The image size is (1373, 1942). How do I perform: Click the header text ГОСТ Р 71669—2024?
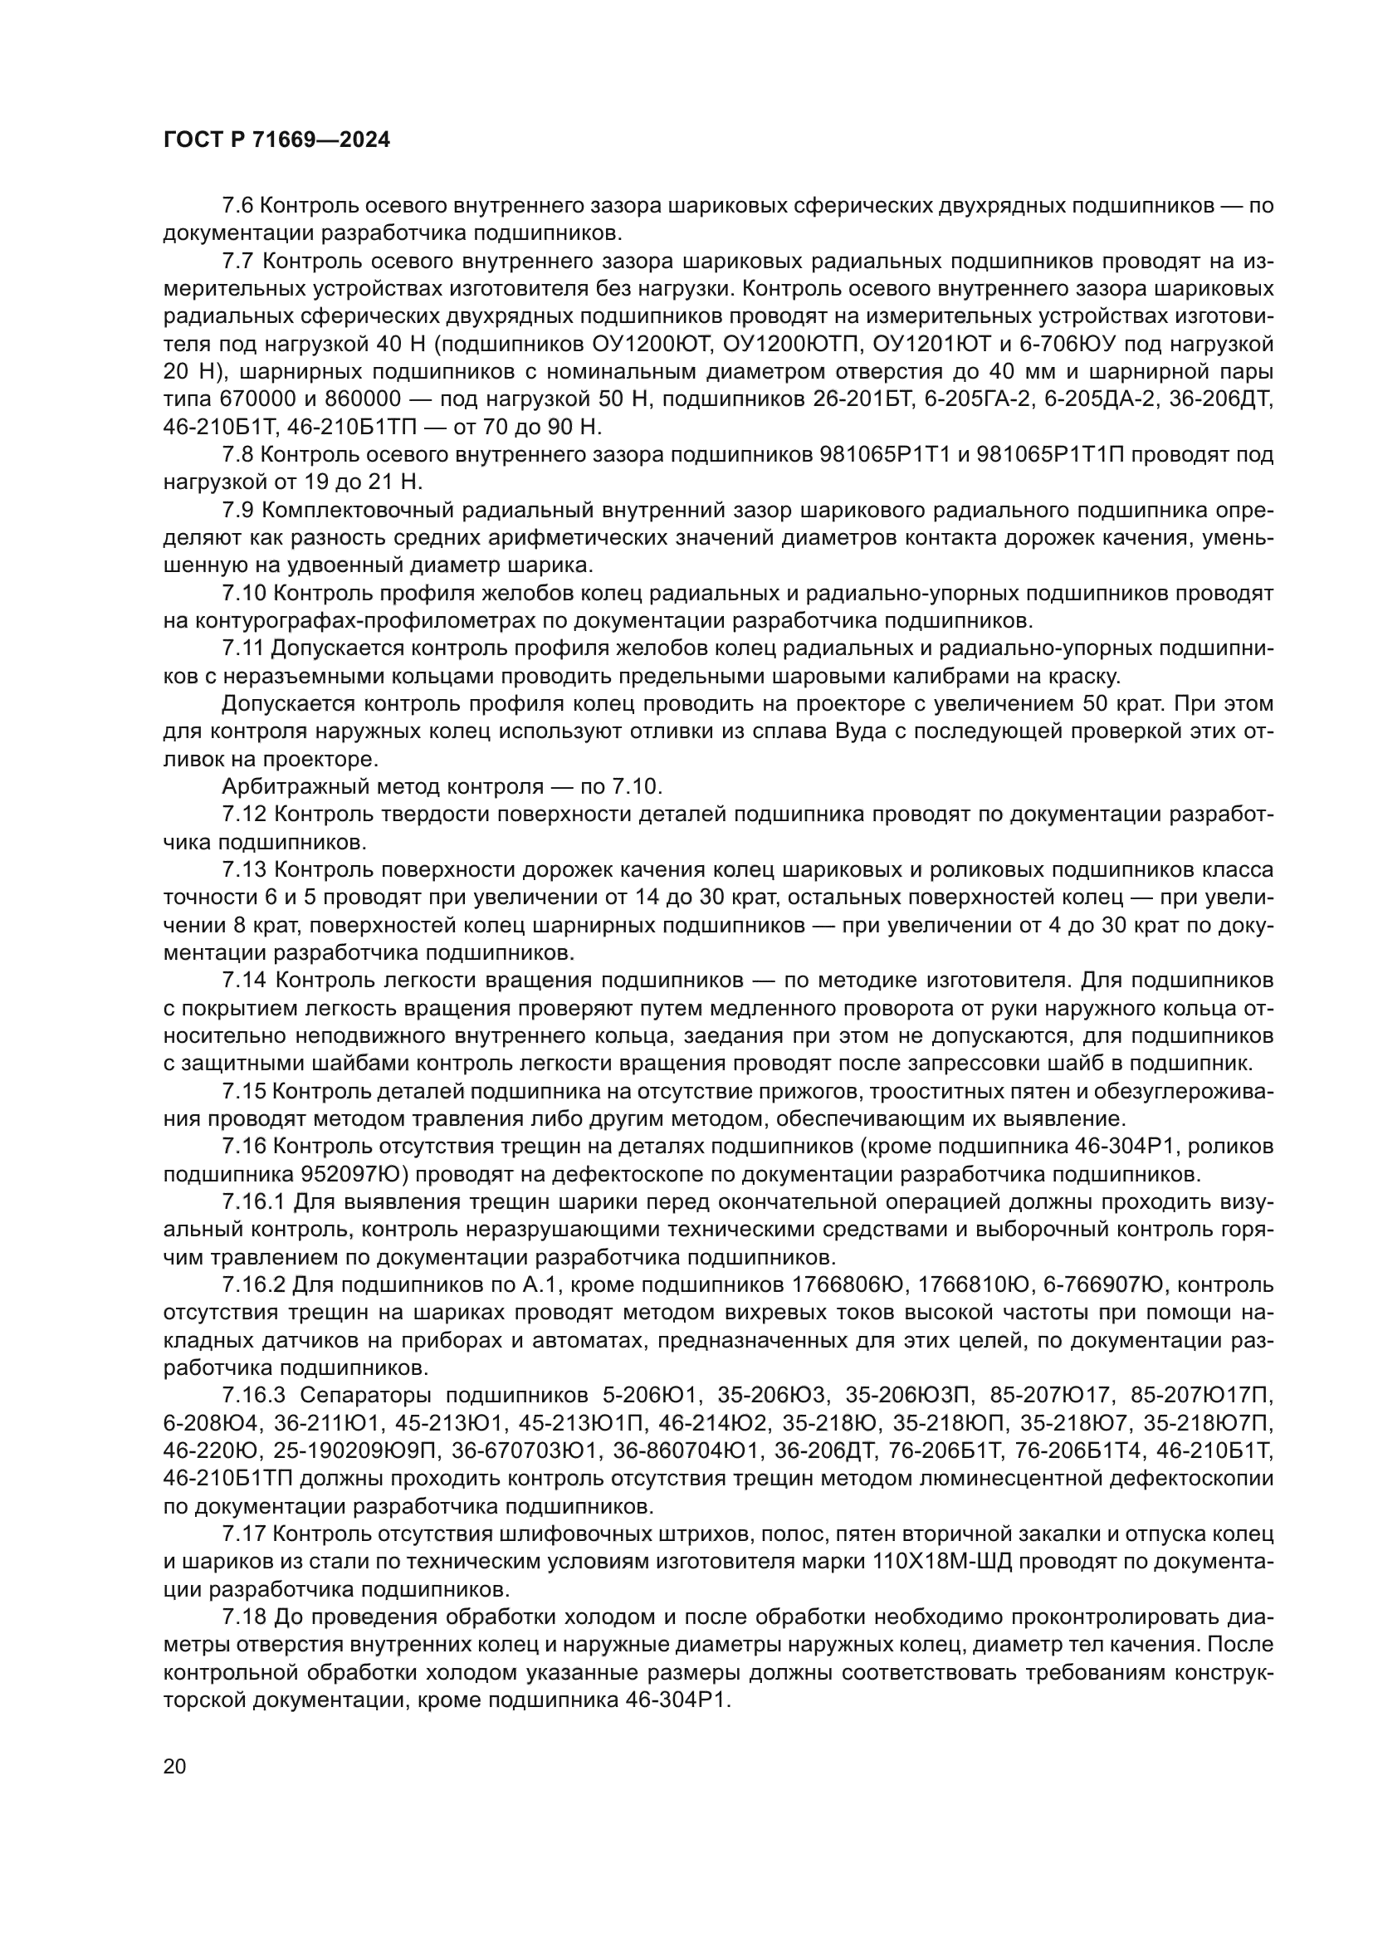pyautogui.click(x=276, y=140)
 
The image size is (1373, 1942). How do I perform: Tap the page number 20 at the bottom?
pyautogui.click(x=174, y=1766)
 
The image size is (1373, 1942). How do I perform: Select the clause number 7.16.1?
pyautogui.click(x=253, y=1202)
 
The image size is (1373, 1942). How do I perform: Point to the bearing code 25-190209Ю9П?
pyautogui.click(x=354, y=1450)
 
